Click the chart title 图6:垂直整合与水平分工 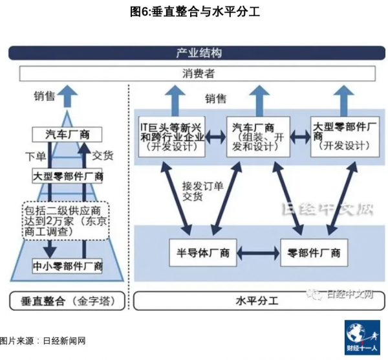[194, 10]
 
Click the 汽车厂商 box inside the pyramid [67, 135]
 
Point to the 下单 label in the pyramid [36, 155]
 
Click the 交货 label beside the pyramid [103, 155]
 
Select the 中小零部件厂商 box [67, 265]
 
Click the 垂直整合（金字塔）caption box [67, 302]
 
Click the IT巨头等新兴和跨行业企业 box [173, 137]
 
